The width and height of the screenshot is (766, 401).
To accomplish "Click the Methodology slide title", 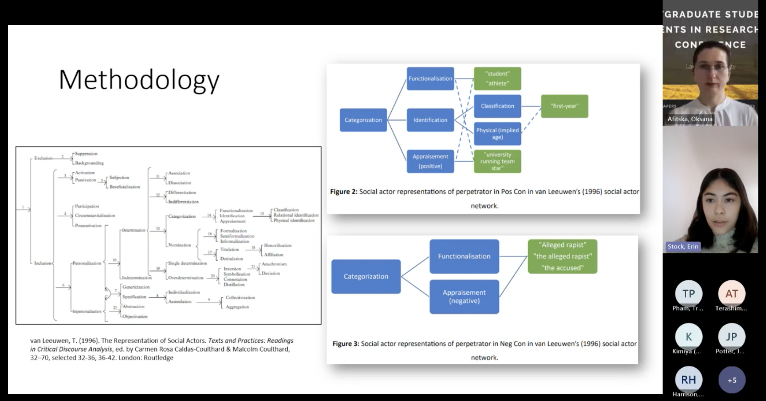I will tap(139, 80).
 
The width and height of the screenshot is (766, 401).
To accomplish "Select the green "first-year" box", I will tap(564, 106).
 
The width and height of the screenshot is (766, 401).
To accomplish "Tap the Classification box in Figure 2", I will tap(497, 106).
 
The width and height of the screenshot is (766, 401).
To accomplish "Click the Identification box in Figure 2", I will tap(430, 120).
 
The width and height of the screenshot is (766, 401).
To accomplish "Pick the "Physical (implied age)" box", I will tap(497, 134).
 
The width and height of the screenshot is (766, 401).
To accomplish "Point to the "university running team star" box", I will tap(497, 162).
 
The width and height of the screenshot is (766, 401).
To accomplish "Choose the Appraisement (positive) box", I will tap(430, 161).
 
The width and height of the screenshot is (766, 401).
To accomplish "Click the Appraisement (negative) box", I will tap(464, 297).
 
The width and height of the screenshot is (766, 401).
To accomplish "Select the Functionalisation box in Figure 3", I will tap(464, 256).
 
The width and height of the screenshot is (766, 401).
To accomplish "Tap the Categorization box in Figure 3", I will tap(366, 277).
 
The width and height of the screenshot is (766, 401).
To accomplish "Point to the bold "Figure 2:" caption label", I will tap(344, 192).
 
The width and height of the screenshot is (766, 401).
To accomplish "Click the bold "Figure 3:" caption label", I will tap(346, 343).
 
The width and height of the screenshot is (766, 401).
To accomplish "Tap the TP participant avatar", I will tap(688, 293).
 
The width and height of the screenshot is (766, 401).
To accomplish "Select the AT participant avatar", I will tap(731, 293).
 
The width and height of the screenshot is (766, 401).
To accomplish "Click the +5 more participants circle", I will tap(732, 380).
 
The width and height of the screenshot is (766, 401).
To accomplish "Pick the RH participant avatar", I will tap(688, 380).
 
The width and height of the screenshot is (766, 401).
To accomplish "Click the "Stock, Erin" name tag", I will tap(683, 247).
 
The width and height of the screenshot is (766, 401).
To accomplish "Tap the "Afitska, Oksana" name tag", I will tap(690, 119).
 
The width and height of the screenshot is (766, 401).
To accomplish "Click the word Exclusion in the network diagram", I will tap(43, 158).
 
